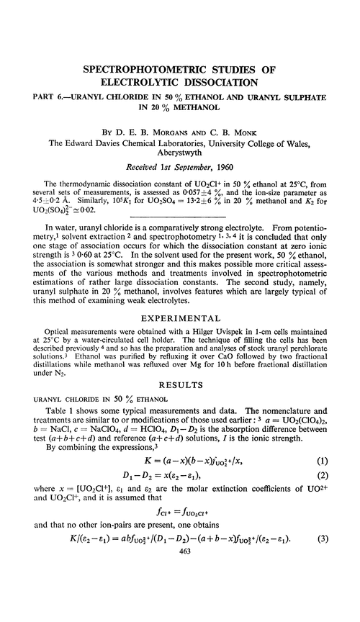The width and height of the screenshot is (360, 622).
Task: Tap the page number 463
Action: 179,612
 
